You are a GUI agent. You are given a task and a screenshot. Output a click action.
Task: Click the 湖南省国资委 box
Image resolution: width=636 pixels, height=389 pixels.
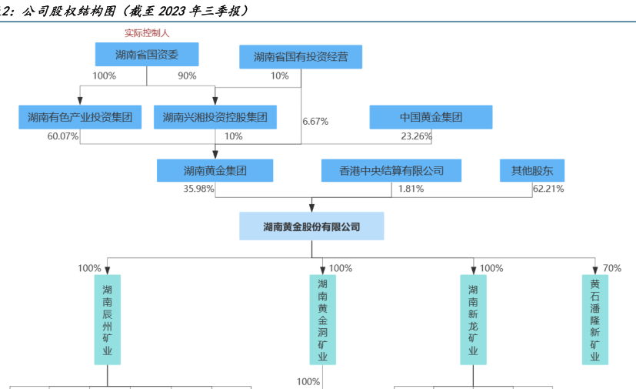[x=147, y=55]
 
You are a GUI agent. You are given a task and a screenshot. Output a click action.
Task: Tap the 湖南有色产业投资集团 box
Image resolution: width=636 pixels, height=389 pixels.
[x=80, y=118]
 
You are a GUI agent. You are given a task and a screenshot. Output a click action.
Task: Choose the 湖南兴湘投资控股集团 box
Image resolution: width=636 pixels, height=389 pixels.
[x=215, y=118]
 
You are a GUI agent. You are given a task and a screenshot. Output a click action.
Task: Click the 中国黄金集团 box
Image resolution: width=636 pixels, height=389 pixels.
[x=431, y=118]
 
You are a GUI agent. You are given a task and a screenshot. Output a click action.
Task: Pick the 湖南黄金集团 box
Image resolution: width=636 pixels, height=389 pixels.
[x=215, y=170]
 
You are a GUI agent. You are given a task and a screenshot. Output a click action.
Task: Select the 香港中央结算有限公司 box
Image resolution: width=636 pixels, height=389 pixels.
[x=391, y=170]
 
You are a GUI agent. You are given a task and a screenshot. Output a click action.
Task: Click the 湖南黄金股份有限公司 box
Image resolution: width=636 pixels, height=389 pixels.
[x=311, y=227]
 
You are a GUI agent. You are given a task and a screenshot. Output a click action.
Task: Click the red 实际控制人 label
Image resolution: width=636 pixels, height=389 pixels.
[x=147, y=34]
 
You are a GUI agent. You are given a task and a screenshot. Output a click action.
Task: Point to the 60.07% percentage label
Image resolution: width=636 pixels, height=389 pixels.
[x=63, y=136]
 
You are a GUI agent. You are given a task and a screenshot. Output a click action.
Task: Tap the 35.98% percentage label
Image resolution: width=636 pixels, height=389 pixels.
[x=198, y=189]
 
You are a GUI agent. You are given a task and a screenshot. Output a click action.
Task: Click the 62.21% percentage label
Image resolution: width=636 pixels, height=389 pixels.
[x=548, y=189]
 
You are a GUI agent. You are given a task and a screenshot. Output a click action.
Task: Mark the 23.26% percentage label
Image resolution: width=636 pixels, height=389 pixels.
[x=416, y=136]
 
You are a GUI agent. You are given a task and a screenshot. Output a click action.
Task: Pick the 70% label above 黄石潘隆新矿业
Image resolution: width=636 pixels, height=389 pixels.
[x=612, y=268]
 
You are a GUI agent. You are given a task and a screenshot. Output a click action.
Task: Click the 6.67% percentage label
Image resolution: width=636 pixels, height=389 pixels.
[x=315, y=121]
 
